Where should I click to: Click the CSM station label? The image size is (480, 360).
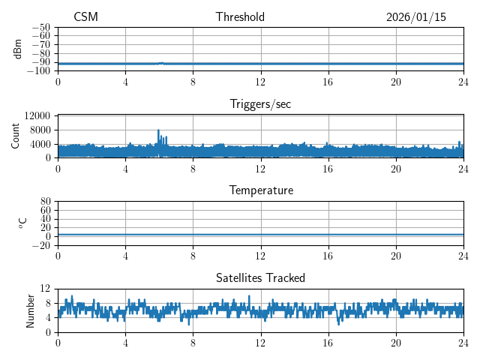click(x=85, y=17)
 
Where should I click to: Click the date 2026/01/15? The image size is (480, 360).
click(x=415, y=17)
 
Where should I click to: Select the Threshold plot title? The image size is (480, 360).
click(x=240, y=17)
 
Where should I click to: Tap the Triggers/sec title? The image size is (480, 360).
click(x=260, y=104)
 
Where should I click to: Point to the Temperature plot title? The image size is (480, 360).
click(x=260, y=190)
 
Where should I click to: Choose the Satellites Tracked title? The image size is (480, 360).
click(x=260, y=277)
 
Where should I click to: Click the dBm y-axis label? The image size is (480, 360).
click(x=18, y=49)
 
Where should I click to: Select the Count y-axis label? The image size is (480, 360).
click(x=15, y=136)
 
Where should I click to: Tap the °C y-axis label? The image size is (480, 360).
click(x=22, y=223)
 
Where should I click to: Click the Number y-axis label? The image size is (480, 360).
click(x=30, y=310)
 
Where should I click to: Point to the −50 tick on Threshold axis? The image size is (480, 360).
click(x=41, y=27)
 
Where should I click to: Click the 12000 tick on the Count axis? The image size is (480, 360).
click(x=37, y=115)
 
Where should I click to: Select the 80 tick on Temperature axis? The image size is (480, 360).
click(x=45, y=202)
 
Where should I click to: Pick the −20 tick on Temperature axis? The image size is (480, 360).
click(x=41, y=245)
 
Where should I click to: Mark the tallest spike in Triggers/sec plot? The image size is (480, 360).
click(x=158, y=130)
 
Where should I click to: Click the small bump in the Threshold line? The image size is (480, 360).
click(x=161, y=63)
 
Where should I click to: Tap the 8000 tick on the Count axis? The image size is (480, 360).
click(x=40, y=130)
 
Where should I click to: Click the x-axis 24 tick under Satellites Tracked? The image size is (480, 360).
click(x=463, y=341)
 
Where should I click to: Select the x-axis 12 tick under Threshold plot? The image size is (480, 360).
click(x=260, y=81)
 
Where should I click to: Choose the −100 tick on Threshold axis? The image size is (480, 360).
click(x=39, y=71)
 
